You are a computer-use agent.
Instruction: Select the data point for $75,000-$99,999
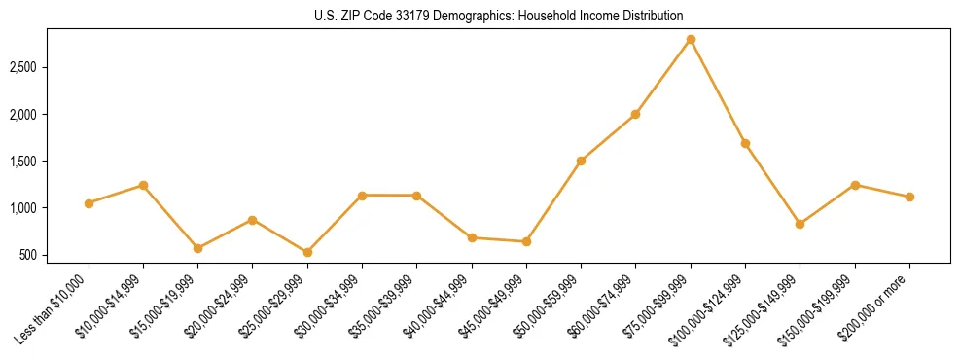point(691,39)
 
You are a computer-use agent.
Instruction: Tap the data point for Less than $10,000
point(89,203)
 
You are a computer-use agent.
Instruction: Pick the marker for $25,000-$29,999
point(307,252)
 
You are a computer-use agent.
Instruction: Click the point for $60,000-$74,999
point(635,114)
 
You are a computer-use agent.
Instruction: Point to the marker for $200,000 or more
point(909,197)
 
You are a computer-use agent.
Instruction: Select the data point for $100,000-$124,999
point(745,143)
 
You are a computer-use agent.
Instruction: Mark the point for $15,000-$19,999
point(198,248)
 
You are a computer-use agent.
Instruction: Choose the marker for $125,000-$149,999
point(800,224)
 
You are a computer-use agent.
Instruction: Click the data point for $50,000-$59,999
point(581,161)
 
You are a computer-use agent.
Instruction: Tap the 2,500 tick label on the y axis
point(23,67)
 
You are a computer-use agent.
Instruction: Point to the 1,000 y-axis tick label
point(23,208)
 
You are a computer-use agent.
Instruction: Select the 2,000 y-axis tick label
point(23,115)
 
